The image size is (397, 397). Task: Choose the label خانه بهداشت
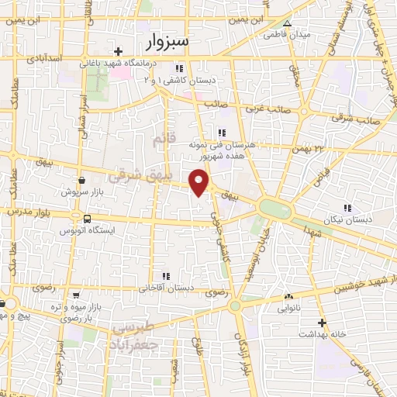(x=322, y=335)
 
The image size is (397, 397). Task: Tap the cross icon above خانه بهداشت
(x=322, y=323)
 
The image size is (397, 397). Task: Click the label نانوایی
(x=290, y=309)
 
